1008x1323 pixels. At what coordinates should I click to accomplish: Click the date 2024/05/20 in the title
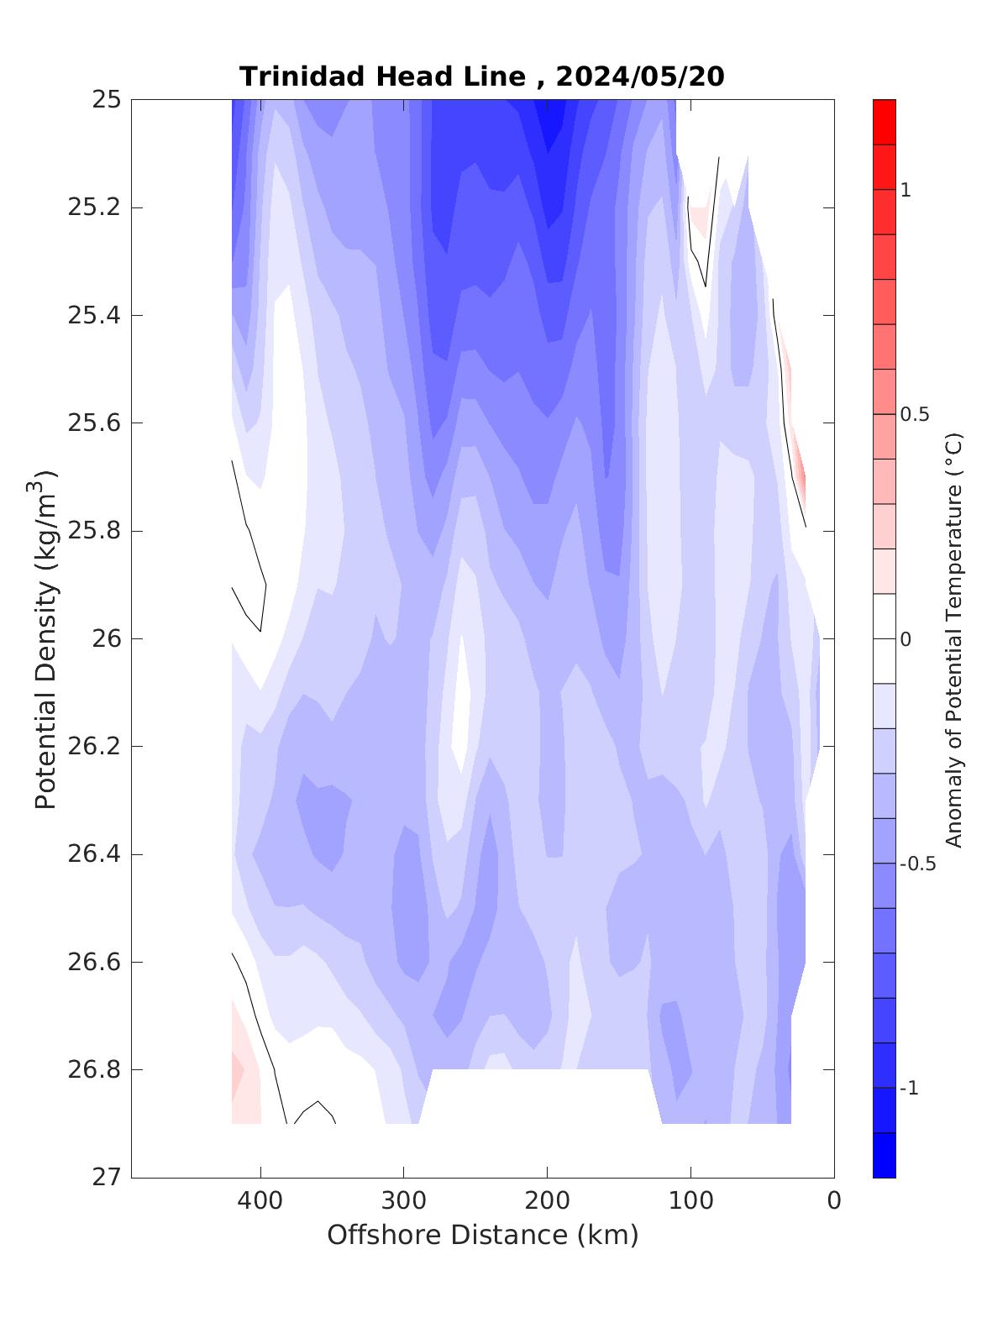coord(640,76)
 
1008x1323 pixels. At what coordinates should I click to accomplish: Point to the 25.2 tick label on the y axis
coord(94,207)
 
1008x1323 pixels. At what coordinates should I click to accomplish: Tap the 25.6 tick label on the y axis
coord(94,423)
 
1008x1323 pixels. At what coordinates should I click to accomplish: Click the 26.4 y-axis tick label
coord(94,854)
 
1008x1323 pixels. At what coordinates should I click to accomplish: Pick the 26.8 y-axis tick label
coord(94,1070)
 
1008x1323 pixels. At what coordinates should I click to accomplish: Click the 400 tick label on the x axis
coord(260,1201)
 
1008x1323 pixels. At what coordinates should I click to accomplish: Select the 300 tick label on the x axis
coord(404,1201)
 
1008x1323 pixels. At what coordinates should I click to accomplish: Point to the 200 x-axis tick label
coord(547,1201)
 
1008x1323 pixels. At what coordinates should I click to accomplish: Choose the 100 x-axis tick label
coord(690,1201)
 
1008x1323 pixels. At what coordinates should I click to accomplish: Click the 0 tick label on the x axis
coord(833,1201)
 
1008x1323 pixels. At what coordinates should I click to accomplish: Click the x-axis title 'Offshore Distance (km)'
coord(482,1235)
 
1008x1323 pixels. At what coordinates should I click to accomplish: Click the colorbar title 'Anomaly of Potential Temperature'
coord(953,639)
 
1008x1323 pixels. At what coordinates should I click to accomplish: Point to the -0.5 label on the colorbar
coord(917,864)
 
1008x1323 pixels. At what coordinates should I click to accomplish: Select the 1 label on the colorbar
coord(906,191)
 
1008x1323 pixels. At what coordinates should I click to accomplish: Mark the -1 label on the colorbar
coord(909,1089)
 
